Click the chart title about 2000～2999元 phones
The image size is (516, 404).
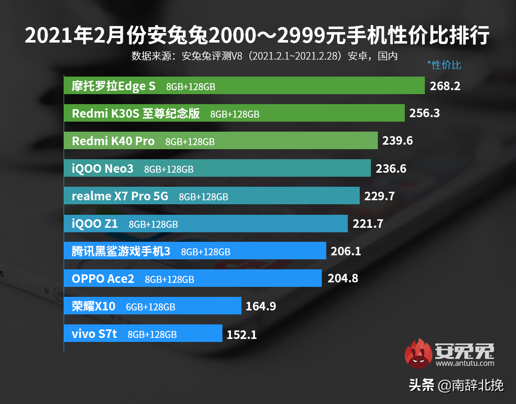coord(257,37)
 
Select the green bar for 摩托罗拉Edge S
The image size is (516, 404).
coord(244,86)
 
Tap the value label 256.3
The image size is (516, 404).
coord(424,113)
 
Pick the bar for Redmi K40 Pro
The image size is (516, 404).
coord(220,141)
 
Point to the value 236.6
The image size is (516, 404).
coord(391,169)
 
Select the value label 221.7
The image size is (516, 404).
coord(367,224)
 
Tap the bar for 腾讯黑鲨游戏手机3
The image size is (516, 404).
coord(194,251)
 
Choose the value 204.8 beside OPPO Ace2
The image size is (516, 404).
coord(343,279)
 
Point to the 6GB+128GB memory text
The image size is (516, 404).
coord(150,307)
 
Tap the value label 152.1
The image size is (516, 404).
coord(241,334)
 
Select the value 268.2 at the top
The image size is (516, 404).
coord(445,86)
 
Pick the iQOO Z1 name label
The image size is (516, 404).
coord(95,224)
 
